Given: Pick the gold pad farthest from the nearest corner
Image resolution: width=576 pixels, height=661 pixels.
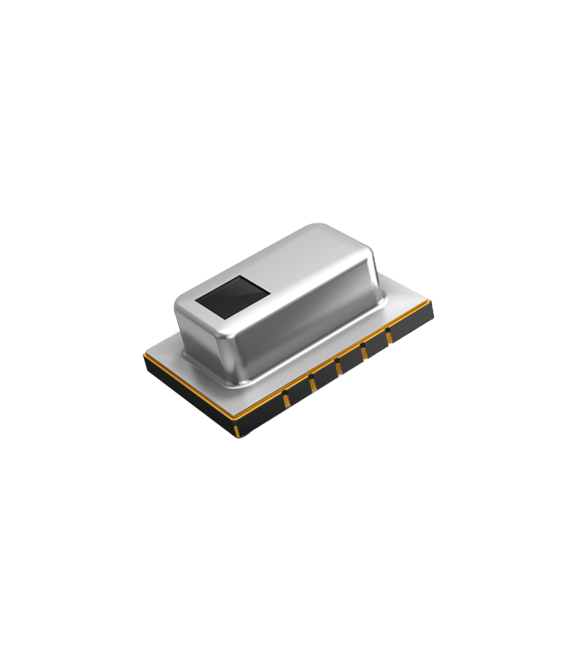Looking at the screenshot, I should pyautogui.click(x=390, y=338).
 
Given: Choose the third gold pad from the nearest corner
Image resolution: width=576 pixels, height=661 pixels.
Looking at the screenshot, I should pyautogui.click(x=312, y=384).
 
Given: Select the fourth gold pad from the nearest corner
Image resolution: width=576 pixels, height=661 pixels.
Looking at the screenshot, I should pyautogui.click(x=339, y=367).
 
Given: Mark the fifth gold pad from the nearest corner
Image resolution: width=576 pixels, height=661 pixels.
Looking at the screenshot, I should pyautogui.click(x=365, y=353).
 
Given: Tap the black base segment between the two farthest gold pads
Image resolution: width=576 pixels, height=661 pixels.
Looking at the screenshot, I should pyautogui.click(x=378, y=345).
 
